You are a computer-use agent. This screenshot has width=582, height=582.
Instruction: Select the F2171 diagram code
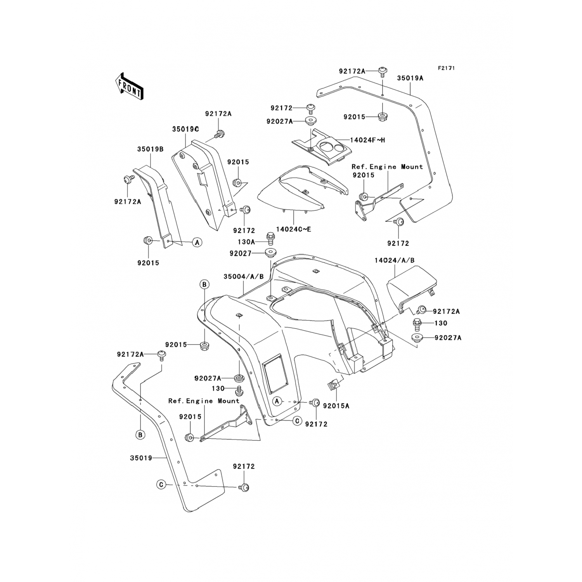click(446, 68)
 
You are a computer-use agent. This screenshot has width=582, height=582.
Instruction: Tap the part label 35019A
click(410, 78)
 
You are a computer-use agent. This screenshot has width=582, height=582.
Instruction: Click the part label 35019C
click(185, 129)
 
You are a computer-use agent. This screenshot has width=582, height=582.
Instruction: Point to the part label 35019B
click(150, 149)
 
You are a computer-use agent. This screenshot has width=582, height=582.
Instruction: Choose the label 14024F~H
click(367, 140)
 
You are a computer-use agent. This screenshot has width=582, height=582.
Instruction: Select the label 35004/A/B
click(243, 277)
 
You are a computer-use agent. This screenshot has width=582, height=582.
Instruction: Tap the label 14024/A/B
click(394, 260)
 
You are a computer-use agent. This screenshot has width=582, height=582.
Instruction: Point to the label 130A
click(246, 242)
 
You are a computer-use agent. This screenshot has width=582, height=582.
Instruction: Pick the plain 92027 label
click(241, 253)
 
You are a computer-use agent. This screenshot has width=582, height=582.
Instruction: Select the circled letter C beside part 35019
click(161, 485)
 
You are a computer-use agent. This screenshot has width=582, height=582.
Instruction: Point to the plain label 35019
click(141, 458)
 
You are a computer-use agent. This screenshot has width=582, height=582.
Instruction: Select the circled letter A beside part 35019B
click(197, 242)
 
